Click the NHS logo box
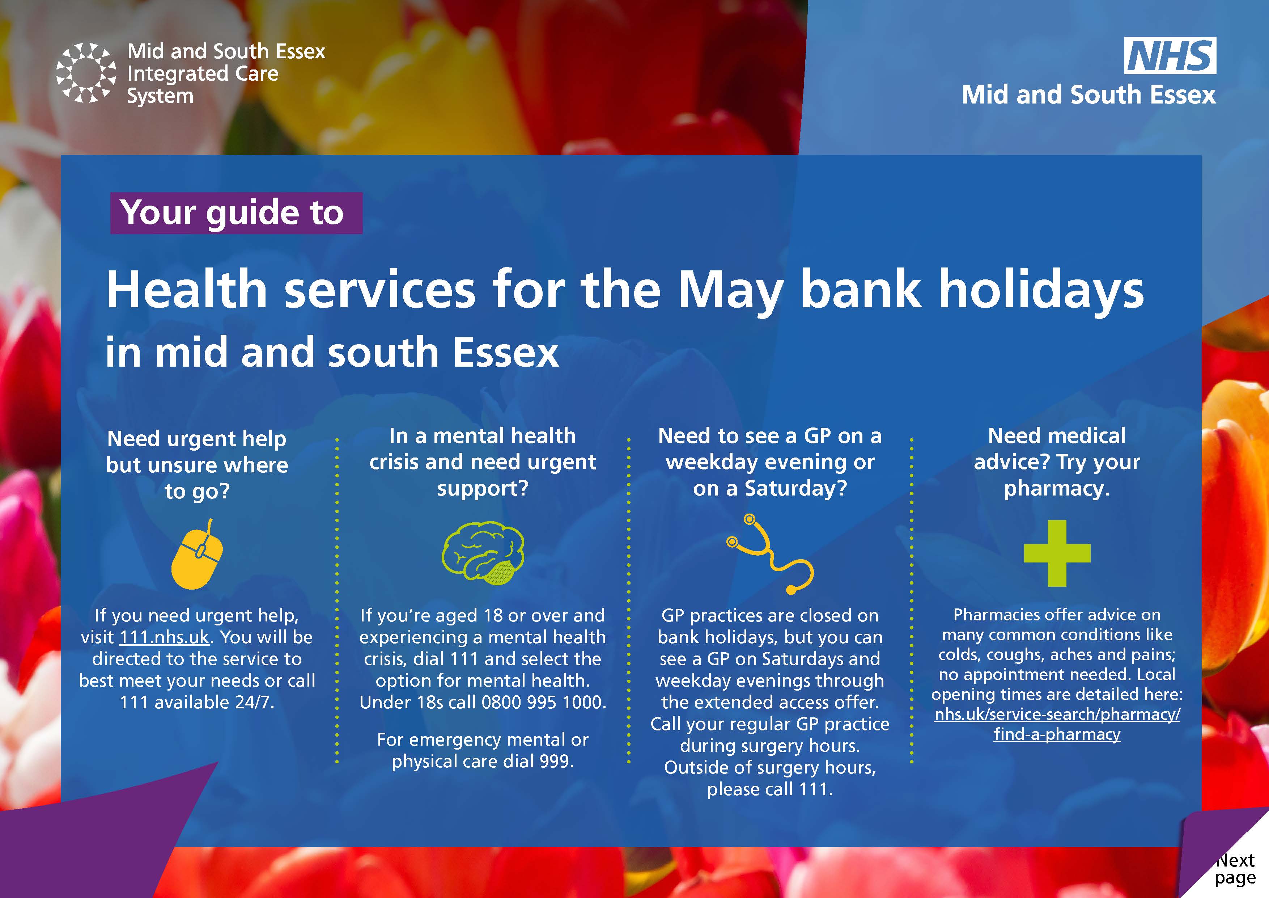[x=1170, y=55]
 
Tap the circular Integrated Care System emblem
[x=86, y=73]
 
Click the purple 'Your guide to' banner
[x=236, y=213]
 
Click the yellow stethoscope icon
[x=770, y=555]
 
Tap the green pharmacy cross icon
[x=1057, y=553]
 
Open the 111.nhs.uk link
[x=165, y=637]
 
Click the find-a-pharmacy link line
[x=1057, y=734]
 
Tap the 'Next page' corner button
[x=1234, y=869]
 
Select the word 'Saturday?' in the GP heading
[x=796, y=489]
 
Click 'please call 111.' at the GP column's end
[x=770, y=789]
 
